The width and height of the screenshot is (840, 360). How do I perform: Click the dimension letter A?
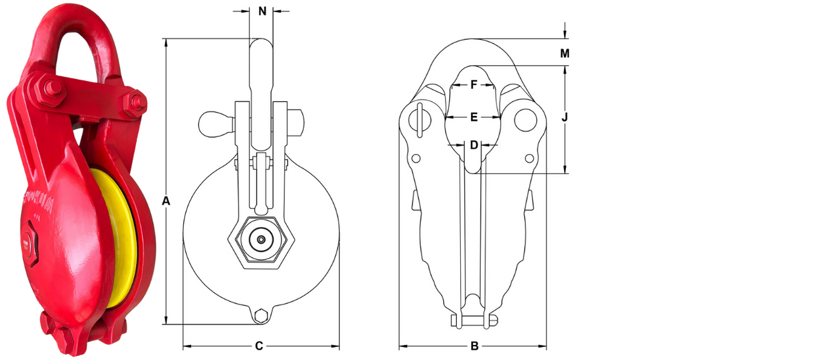pos(167,201)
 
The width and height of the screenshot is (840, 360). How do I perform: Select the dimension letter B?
pos(474,346)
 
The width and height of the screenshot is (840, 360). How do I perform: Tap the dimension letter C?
pos(259,346)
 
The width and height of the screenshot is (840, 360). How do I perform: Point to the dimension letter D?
pos(474,145)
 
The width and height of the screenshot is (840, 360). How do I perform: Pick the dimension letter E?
pos(474,117)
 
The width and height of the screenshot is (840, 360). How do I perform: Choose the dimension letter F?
pos(474,85)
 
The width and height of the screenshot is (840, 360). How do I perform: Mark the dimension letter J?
pos(565,117)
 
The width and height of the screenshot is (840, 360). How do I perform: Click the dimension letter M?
pos(565,54)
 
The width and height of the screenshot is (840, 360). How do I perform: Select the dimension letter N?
pos(262,11)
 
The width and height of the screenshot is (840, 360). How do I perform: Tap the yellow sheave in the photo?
pos(118,236)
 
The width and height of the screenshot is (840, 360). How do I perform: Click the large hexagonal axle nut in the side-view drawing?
pos(260,240)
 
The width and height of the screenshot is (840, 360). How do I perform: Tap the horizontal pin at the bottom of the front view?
pos(474,320)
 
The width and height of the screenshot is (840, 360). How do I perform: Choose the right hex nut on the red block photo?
pos(134,103)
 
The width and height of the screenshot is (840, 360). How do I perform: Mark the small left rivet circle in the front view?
pos(415,158)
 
